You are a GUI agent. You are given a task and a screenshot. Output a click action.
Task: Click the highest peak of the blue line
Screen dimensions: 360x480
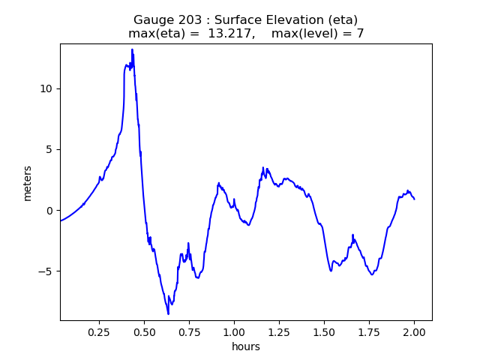[132, 49]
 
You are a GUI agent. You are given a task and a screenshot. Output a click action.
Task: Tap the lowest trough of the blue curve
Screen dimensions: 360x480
[168, 313]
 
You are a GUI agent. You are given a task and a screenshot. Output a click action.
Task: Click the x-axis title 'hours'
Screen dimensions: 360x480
[246, 346]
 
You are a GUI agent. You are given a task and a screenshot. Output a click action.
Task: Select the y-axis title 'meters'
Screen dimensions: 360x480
[28, 183]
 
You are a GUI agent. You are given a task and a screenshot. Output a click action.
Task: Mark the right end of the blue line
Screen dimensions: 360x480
[414, 199]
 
